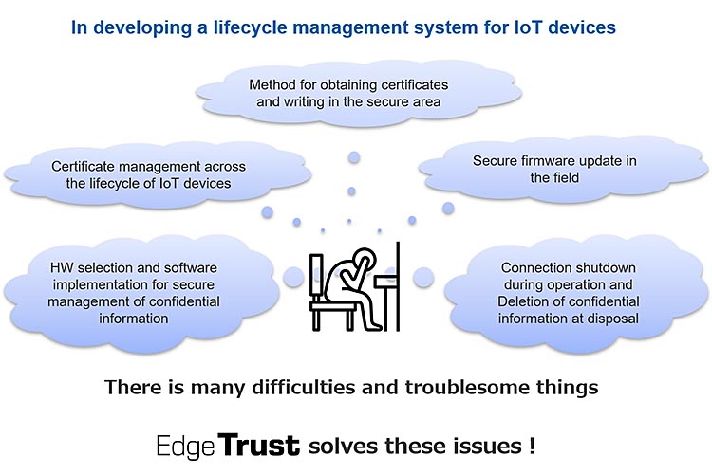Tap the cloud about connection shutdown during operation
568,292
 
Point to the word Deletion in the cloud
527,301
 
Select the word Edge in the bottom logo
186,444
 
